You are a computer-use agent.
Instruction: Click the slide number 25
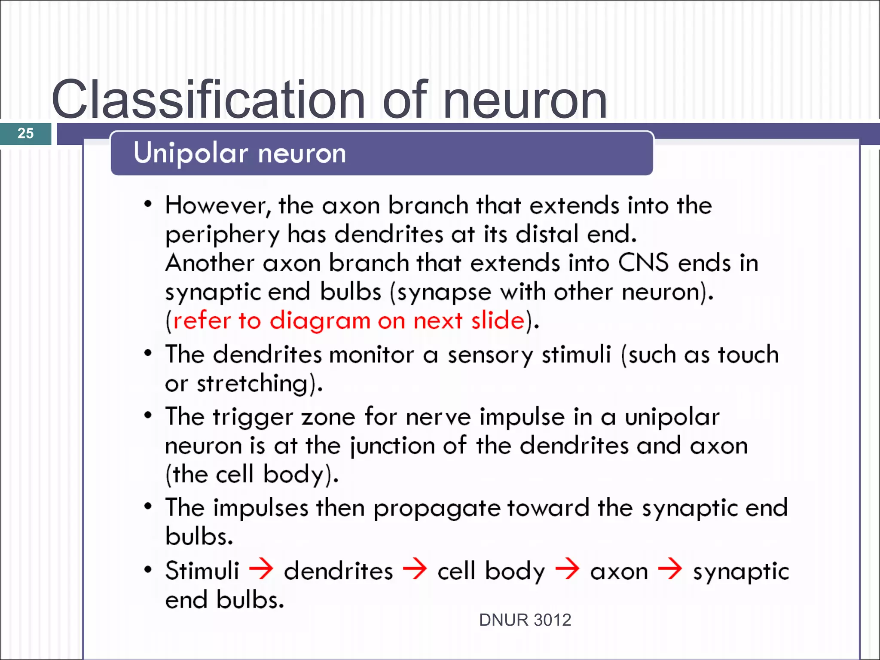point(25,133)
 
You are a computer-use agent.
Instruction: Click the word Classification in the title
point(208,100)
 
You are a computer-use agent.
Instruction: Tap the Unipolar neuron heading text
point(239,153)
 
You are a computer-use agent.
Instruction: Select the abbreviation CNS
point(643,263)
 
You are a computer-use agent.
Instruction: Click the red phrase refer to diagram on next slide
point(348,321)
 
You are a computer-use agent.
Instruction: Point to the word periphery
point(222,235)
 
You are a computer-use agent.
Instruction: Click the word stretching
point(253,383)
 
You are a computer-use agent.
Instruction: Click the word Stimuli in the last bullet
point(202,571)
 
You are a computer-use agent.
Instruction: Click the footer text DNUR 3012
point(525,620)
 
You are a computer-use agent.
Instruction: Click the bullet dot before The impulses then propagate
point(148,506)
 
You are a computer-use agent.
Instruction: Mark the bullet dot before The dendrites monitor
point(148,353)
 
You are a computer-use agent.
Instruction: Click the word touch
point(748,355)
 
